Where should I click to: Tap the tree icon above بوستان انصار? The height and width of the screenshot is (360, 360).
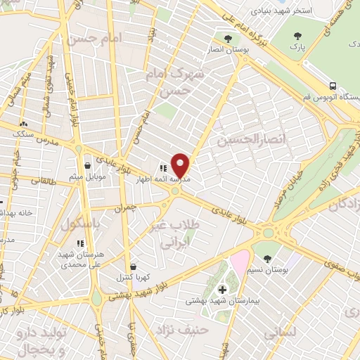[x=226, y=39]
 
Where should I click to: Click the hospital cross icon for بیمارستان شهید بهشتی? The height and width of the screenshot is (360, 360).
[x=222, y=289]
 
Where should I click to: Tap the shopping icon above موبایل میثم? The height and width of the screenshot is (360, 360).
[x=87, y=166]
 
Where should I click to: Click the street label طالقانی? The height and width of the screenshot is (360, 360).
[x=46, y=180]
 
